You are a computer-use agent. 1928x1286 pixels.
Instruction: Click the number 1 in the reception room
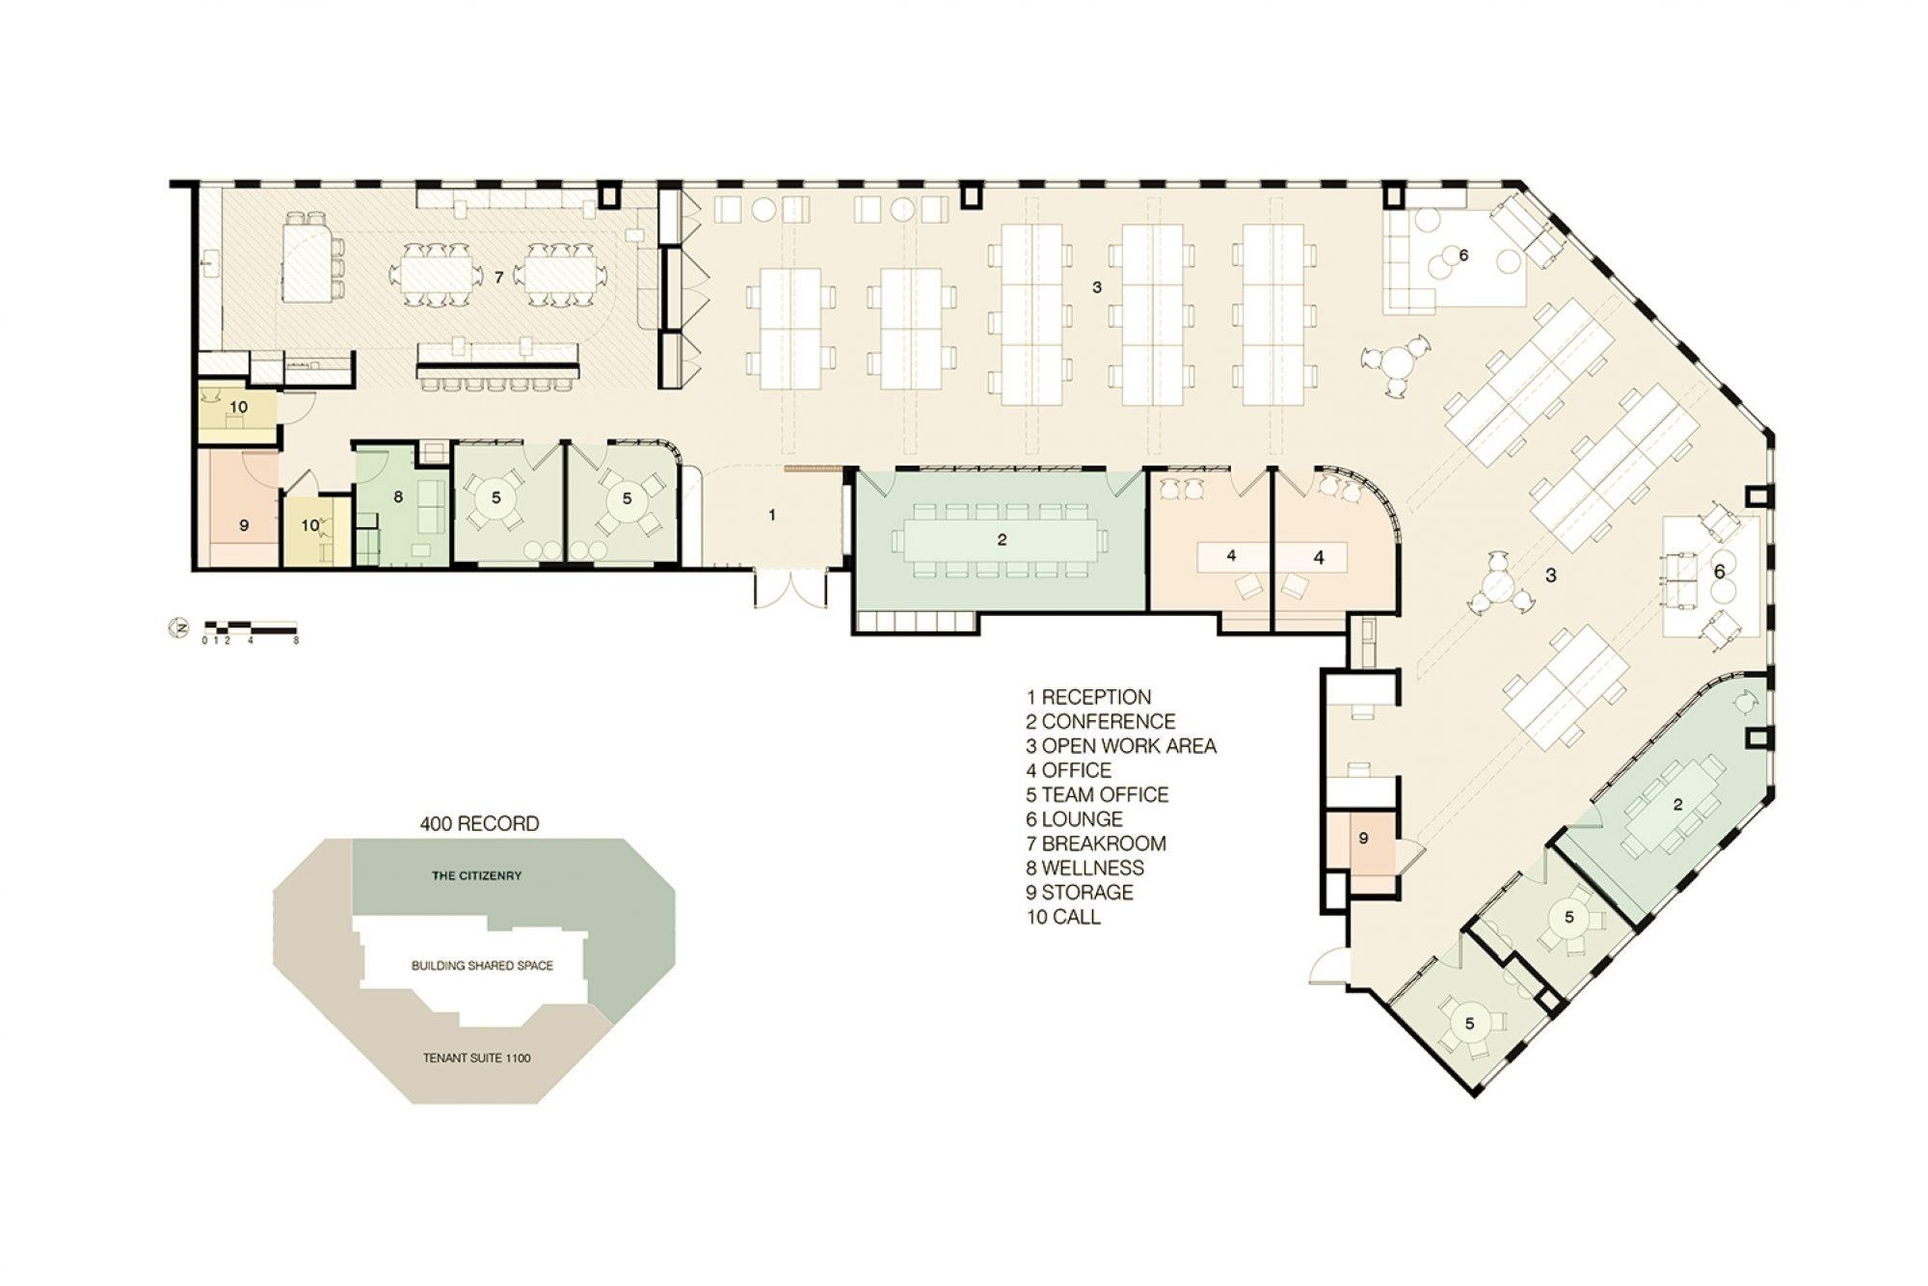772,515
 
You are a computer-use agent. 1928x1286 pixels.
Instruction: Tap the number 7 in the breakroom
498,278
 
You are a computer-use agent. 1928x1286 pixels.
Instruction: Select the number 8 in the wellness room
397,497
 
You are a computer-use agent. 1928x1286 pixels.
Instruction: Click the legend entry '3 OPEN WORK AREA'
1121,746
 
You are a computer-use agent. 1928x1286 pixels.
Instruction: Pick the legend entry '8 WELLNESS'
1085,869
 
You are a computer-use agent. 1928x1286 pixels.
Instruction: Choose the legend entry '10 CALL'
1063,917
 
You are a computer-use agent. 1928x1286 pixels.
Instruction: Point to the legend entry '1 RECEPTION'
1089,697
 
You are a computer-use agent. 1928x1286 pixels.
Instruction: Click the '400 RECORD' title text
479,824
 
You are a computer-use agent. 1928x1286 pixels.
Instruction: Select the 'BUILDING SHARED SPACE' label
482,965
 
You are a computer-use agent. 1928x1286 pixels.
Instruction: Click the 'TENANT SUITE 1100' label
476,1058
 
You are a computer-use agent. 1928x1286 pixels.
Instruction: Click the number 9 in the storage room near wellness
244,525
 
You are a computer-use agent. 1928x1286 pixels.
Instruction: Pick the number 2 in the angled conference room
1677,804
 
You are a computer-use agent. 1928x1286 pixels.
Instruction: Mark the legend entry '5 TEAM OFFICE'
1097,795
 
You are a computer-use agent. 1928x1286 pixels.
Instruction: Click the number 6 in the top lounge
1463,255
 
